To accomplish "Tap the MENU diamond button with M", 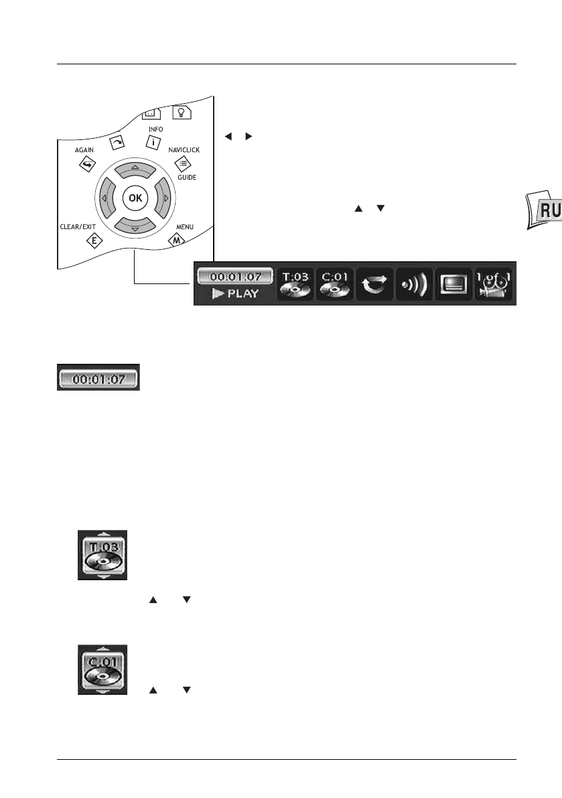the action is click(x=179, y=241).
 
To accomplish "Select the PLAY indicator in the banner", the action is click(x=234, y=293).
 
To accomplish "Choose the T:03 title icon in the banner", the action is click(x=295, y=283).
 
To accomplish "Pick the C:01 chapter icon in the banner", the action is click(x=334, y=283).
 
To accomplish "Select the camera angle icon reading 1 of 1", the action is click(x=494, y=283).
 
